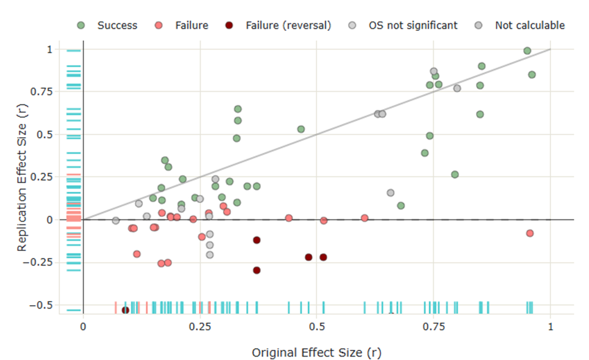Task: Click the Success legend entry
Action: click(117, 25)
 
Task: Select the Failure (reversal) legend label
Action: click(288, 25)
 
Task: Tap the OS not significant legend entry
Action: click(413, 25)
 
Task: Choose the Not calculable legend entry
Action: click(529, 25)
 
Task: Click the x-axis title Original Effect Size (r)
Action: click(316, 353)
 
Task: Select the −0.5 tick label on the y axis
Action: click(41, 305)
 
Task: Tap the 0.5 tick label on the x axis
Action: click(316, 326)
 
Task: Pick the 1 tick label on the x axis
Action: click(550, 326)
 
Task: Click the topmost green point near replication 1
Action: click(527, 51)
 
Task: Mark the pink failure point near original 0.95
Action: click(529, 233)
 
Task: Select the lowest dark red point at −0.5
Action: click(125, 310)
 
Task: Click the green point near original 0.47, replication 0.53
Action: click(301, 129)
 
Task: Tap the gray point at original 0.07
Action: click(116, 221)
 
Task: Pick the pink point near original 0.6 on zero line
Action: click(365, 218)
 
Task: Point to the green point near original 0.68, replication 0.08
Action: click(401, 205)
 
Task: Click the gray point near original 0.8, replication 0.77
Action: click(457, 88)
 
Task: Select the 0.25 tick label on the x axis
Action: click(200, 326)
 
